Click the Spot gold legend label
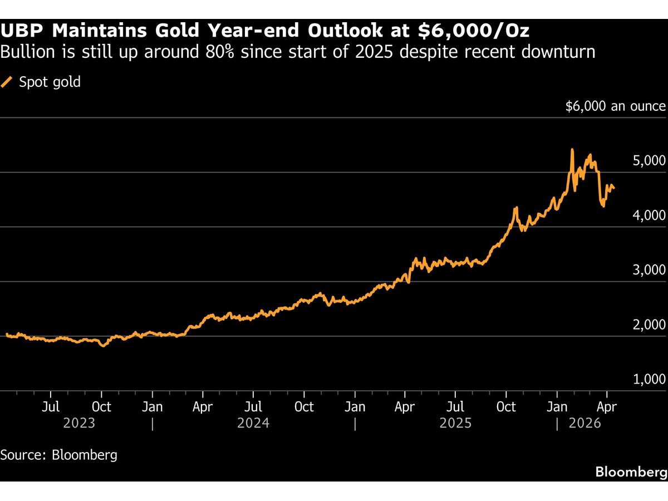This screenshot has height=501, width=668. (x=50, y=82)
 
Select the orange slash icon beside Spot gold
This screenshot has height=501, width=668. (x=7, y=82)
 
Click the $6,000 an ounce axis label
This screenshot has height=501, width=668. (x=615, y=106)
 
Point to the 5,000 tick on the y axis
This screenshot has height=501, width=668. (x=649, y=161)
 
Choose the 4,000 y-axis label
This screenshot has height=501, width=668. (x=649, y=216)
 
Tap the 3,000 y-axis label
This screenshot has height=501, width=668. (x=649, y=271)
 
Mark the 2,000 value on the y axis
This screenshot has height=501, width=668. (x=649, y=325)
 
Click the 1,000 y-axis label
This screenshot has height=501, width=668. (x=649, y=380)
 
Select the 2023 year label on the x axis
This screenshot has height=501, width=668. (x=79, y=424)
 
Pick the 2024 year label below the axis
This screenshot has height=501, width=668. (x=253, y=424)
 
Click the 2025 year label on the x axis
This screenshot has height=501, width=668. (x=455, y=424)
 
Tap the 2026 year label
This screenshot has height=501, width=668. (x=585, y=424)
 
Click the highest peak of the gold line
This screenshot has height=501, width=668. (x=572, y=150)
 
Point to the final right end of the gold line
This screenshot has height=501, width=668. (x=614, y=189)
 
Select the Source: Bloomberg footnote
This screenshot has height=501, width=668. (x=59, y=455)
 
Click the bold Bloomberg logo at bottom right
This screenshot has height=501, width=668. (x=631, y=472)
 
